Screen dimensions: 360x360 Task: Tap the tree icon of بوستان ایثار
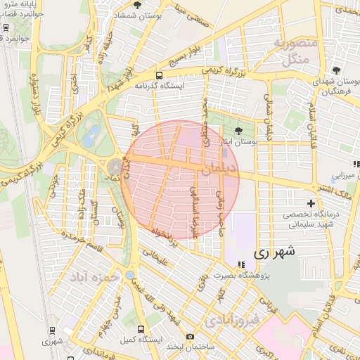tap(238, 130)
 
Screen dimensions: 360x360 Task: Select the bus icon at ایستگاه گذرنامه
tap(159, 75)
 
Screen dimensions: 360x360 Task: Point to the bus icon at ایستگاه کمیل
tap(141, 329)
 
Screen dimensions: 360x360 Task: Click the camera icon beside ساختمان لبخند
tap(190, 337)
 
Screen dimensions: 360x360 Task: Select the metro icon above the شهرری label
tap(52, 330)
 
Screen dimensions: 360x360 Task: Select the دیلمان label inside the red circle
tap(219, 169)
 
